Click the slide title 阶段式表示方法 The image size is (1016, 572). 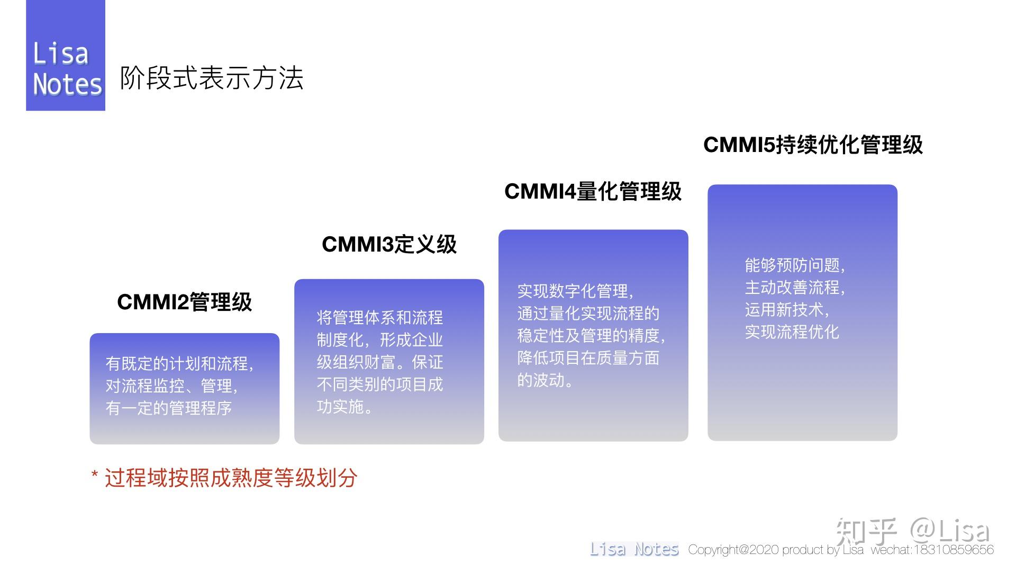click(211, 78)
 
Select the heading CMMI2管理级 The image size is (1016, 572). click(184, 302)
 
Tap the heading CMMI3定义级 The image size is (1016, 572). click(389, 244)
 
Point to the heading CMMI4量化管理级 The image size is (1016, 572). click(593, 191)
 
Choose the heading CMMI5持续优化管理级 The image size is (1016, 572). click(813, 145)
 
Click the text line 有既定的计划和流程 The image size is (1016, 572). click(179, 363)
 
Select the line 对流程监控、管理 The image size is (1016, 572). click(171, 386)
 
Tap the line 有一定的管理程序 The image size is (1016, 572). click(168, 408)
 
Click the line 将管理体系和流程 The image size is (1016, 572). click(379, 317)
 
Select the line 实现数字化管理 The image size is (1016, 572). click(575, 291)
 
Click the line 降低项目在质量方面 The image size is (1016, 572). click(588, 358)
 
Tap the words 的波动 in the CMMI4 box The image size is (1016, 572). click(544, 380)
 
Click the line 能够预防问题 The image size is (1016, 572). click(794, 265)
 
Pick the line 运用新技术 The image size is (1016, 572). click(786, 309)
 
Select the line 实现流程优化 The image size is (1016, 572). click(792, 332)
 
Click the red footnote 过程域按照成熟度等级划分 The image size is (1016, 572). click(230, 478)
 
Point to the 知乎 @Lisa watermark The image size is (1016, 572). click(912, 531)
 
